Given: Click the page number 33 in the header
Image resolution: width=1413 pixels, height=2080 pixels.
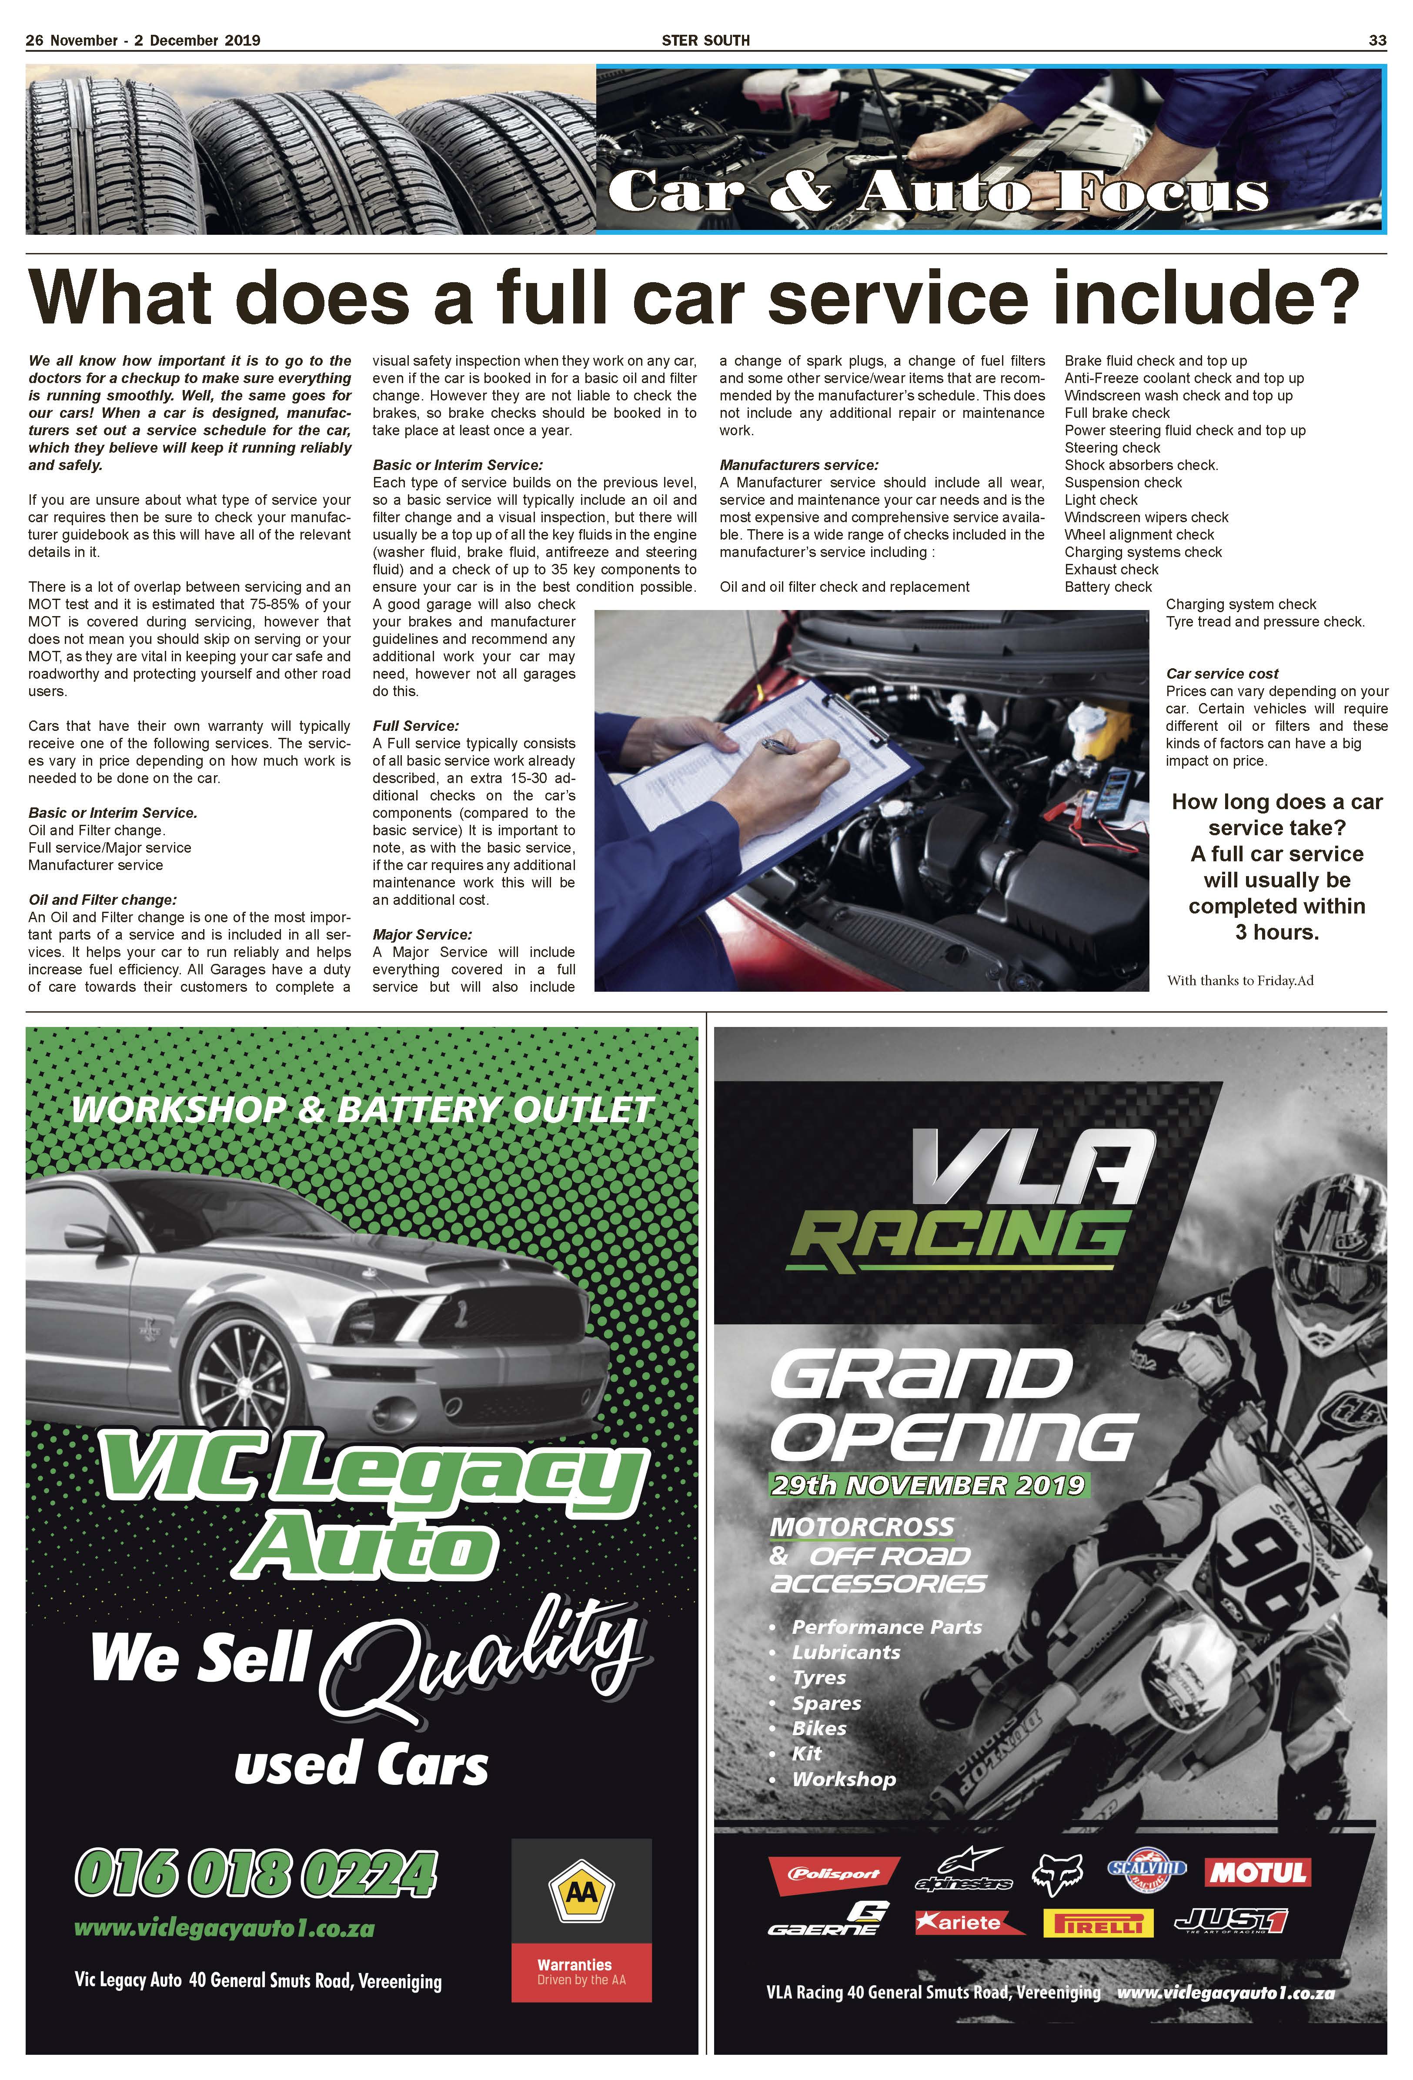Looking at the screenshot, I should pyautogui.click(x=1377, y=40).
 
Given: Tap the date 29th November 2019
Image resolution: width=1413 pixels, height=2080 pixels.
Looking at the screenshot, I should pyautogui.click(x=929, y=1486).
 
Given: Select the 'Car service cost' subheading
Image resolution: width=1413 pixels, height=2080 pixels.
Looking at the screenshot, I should pyautogui.click(x=1221, y=673).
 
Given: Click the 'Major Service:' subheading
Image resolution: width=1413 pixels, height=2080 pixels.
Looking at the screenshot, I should pyautogui.click(x=422, y=934).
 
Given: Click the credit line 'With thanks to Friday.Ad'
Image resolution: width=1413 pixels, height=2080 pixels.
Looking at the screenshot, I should pyautogui.click(x=1239, y=980).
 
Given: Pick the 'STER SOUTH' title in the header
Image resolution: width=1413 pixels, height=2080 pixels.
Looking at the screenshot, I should pyautogui.click(x=705, y=40).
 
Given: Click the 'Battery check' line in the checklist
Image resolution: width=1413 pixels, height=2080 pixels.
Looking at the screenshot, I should pyautogui.click(x=1108, y=587).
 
